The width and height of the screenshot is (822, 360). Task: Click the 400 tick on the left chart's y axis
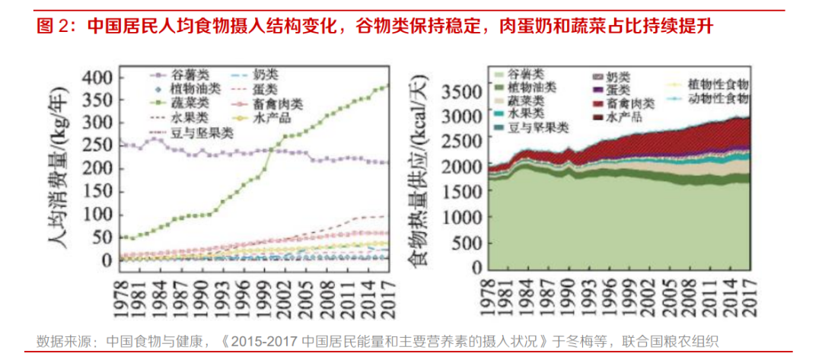pyautogui.click(x=97, y=78)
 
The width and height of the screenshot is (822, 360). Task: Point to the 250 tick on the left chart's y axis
pyautogui.click(x=97, y=145)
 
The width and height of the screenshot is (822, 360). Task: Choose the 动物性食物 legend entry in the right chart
pyautogui.click(x=708, y=98)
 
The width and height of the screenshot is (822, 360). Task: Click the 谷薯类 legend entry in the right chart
pyautogui.click(x=525, y=75)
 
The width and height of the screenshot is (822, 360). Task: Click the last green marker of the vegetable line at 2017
pyautogui.click(x=387, y=86)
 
